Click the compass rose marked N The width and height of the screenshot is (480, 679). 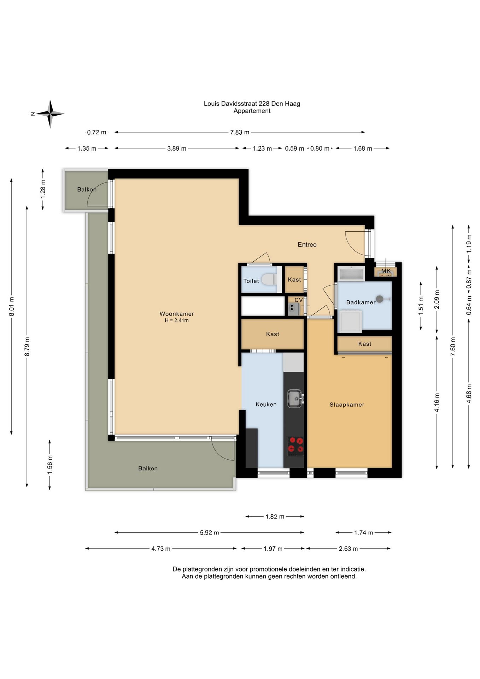coord(50,114)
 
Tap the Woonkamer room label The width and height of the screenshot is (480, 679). coord(177,314)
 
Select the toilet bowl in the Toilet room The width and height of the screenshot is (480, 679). coord(270,279)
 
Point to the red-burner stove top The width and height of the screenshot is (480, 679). coord(295,446)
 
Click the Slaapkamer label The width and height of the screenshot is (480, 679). coord(347,405)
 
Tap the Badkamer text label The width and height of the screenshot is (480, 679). coord(361,302)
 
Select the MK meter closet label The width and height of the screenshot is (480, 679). coord(386,271)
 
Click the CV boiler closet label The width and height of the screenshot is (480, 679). coord(299,300)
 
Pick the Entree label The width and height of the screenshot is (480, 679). coord(307,244)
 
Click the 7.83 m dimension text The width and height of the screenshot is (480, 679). coord(240,132)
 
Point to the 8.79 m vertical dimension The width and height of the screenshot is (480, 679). coord(27,347)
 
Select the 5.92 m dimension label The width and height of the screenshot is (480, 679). coord(209,533)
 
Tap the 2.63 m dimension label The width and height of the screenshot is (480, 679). coord(348,549)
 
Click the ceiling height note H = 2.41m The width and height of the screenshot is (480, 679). coord(177,320)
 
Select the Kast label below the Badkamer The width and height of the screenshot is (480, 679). coord(365,344)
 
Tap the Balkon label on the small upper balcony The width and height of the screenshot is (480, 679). coord(87,190)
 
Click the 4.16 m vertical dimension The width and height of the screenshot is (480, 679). coord(437,402)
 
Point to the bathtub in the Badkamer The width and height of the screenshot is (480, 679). coord(351,274)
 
